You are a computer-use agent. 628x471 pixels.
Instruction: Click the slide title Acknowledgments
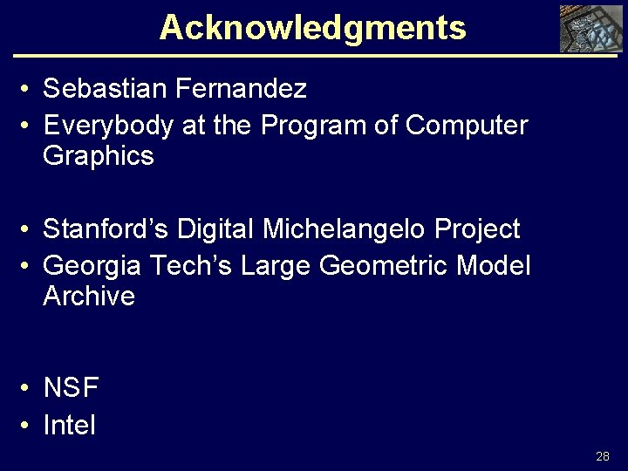pyautogui.click(x=312, y=27)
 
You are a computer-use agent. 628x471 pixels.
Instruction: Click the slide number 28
pyautogui.click(x=603, y=456)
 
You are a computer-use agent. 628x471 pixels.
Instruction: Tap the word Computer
pyautogui.click(x=467, y=126)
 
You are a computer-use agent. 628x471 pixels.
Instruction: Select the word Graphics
pyautogui.click(x=98, y=157)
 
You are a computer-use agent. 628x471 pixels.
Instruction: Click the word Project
pyautogui.click(x=476, y=229)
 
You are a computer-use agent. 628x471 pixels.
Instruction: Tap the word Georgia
pyautogui.click(x=92, y=264)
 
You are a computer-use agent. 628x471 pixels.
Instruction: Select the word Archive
pyautogui.click(x=89, y=297)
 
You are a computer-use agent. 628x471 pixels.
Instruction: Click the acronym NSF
pyautogui.click(x=72, y=387)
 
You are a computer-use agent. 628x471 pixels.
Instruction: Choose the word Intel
pyautogui.click(x=69, y=427)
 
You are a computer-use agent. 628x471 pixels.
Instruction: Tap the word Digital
pyautogui.click(x=216, y=229)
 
